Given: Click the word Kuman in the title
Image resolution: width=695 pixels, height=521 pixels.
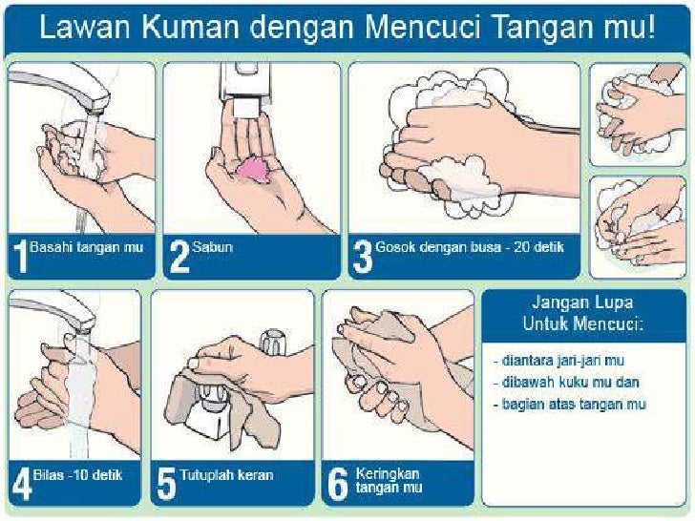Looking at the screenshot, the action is pyautogui.click(x=191, y=27).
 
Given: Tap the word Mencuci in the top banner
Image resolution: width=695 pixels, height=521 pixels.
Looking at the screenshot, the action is pyautogui.click(x=423, y=27).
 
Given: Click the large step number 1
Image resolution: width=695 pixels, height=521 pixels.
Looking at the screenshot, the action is pyautogui.click(x=20, y=257).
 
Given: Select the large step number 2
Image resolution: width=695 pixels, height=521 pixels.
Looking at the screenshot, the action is pyautogui.click(x=179, y=257).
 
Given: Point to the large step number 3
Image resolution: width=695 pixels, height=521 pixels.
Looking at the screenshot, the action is pyautogui.click(x=363, y=257).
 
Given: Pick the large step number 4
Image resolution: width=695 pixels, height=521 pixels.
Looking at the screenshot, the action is pyautogui.click(x=22, y=485).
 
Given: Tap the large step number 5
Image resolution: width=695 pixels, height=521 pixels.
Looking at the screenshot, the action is pyautogui.click(x=167, y=485).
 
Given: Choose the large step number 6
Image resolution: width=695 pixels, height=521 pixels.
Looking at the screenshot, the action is pyautogui.click(x=337, y=485).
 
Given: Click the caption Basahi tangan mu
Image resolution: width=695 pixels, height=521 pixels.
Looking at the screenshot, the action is pyautogui.click(x=87, y=247).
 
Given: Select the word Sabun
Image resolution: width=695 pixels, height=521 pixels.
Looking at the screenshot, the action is pyautogui.click(x=212, y=247).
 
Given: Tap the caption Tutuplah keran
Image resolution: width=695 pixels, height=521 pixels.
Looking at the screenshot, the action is pyautogui.click(x=226, y=475).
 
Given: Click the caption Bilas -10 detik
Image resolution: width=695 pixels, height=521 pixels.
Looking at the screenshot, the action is pyautogui.click(x=77, y=475).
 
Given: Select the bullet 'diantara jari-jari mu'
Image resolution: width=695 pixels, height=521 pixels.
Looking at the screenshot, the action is pyautogui.click(x=558, y=360).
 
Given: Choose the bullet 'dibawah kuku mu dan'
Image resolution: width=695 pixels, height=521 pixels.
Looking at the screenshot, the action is pyautogui.click(x=566, y=382).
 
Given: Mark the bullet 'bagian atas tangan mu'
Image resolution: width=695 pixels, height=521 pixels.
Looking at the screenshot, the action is pyautogui.click(x=570, y=404).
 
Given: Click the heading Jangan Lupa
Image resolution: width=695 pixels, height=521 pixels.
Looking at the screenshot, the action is pyautogui.click(x=582, y=302).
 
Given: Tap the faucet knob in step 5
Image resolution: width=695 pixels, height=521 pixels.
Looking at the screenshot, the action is pyautogui.click(x=272, y=341).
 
